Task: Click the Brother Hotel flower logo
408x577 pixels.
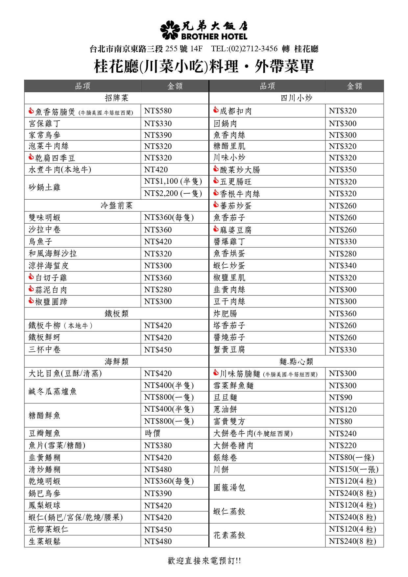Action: pyautogui.click(x=170, y=30)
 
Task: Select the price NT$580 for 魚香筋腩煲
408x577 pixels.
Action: pyautogui.click(x=158, y=111)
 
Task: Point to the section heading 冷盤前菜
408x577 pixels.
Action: pyautogui.click(x=116, y=205)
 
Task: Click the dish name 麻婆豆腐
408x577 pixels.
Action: pyautogui.click(x=235, y=230)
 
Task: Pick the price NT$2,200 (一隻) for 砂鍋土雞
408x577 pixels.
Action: pyautogui.click(x=173, y=193)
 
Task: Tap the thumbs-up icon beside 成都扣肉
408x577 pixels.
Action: pyautogui.click(x=216, y=110)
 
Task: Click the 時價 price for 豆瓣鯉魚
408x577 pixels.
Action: pyautogui.click(x=153, y=433)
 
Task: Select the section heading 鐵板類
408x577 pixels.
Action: pyautogui.click(x=116, y=313)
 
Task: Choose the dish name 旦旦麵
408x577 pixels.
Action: pyautogui.click(x=225, y=397)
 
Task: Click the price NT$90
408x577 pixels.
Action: pyautogui.click(x=340, y=397)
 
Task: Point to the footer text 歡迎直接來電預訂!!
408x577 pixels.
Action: pyautogui.click(x=204, y=561)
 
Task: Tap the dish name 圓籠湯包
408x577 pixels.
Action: pyautogui.click(x=229, y=487)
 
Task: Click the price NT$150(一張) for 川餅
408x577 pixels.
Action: pyautogui.click(x=353, y=469)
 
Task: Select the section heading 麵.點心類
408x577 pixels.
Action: pyautogui.click(x=296, y=362)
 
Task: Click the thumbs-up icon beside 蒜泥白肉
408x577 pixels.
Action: pyautogui.click(x=31, y=289)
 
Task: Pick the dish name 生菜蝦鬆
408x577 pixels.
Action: pyautogui.click(x=44, y=541)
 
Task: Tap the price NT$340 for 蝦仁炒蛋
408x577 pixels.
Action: pyautogui.click(x=343, y=266)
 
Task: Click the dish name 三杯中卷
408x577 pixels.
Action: pyautogui.click(x=44, y=349)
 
